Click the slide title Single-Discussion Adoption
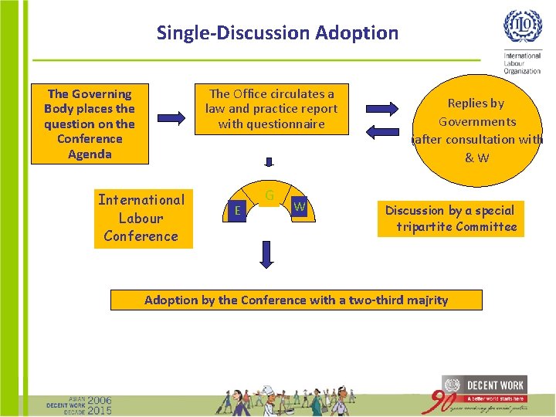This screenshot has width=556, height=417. coord(277,33)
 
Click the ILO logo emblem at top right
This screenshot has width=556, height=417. coord(523,27)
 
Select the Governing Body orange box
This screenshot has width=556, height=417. coord(89,124)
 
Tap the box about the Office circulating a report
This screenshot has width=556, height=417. coord(271,109)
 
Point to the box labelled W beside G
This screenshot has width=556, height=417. coord(300,206)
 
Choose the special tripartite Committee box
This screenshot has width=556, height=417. coord(450,219)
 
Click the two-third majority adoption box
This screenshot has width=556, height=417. coord(296,300)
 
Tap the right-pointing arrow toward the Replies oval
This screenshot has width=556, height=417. coord(381,107)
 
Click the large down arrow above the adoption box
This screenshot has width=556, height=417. coord(266,254)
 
